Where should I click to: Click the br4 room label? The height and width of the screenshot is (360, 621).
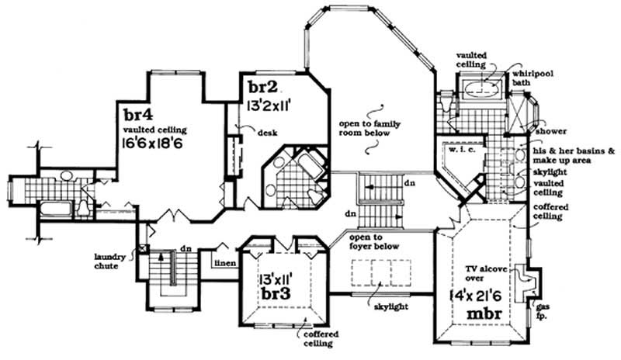137,112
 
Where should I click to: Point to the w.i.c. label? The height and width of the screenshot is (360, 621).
453,151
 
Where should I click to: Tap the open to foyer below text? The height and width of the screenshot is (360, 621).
376,241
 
